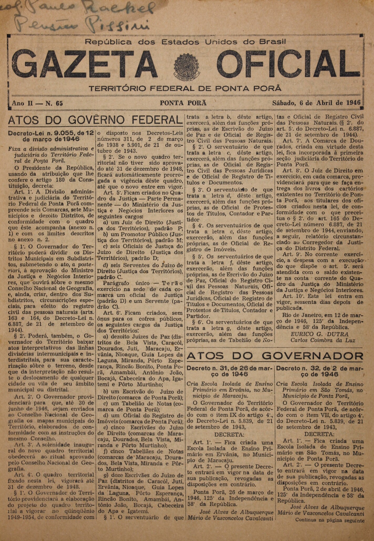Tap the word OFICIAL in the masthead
(287, 63)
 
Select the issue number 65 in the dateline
(59, 103)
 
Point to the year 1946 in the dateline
(353, 103)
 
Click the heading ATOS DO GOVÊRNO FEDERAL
(95, 120)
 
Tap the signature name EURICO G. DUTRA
(319, 334)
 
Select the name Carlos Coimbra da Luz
(323, 340)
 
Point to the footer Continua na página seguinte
(330, 520)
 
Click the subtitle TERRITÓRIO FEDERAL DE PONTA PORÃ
(185, 88)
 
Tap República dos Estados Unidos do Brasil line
(186, 42)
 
